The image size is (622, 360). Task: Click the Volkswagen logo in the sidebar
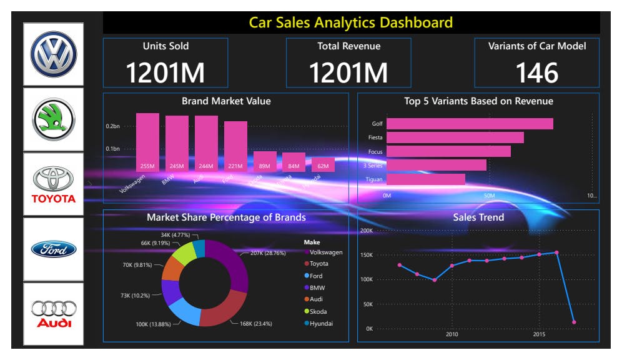tap(53, 54)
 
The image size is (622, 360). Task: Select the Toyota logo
tap(53, 185)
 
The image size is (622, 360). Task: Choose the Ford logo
tap(53, 249)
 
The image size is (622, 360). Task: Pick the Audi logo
tap(53, 314)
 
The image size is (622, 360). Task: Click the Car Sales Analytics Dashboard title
tap(350, 23)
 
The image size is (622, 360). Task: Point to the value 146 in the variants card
tap(537, 73)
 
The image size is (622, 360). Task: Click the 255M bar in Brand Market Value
tap(147, 142)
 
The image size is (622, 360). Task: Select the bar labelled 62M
tap(323, 166)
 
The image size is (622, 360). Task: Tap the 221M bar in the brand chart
tap(235, 146)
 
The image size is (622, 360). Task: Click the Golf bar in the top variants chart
tap(470, 124)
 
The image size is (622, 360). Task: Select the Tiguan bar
tap(425, 179)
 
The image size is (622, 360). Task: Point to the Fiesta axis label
tap(375, 137)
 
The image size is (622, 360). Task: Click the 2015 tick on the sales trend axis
tap(539, 334)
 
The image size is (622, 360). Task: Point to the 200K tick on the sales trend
tap(365, 231)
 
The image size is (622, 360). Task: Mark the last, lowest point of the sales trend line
tap(573, 322)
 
